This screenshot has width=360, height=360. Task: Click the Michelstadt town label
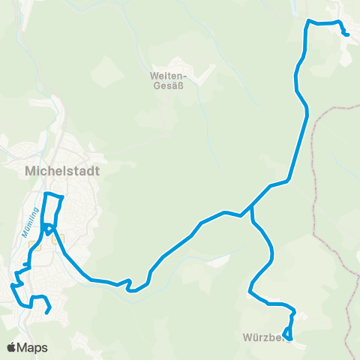point(62,171)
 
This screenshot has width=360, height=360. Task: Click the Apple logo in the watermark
point(12,347)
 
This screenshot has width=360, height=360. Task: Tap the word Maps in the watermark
point(33,347)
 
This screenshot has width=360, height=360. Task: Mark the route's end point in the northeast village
point(346,34)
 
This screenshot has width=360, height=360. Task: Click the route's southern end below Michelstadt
point(47,313)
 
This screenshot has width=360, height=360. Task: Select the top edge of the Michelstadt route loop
point(53,195)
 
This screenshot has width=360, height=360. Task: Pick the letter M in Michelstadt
point(31,171)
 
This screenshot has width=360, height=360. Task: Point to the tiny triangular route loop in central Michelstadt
point(48,229)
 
